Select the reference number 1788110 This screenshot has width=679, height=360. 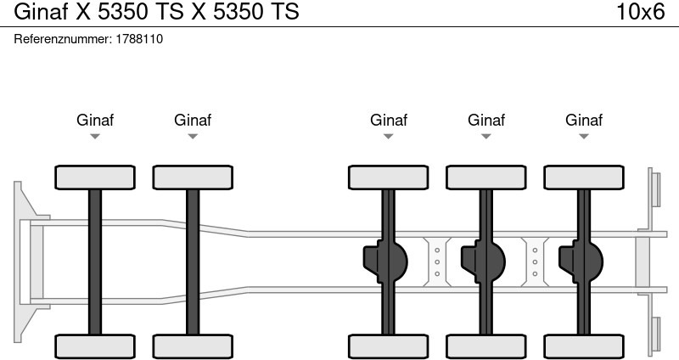coord(139,39)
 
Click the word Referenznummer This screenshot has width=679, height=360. coord(64,39)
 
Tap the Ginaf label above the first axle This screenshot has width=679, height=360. coord(95,120)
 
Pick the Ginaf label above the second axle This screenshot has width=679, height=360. coord(193,120)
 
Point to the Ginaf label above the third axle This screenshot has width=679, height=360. coord(389,120)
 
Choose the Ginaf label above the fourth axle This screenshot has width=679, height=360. coord(486,120)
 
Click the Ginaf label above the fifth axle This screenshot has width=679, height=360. coord(584,120)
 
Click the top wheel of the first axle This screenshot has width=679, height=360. coord(95,177)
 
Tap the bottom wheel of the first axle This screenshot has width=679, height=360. coord(95,346)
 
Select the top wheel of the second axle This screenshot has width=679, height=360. coord(193,177)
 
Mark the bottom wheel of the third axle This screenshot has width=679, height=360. coord(389,346)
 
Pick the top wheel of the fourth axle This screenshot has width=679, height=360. coord(486,177)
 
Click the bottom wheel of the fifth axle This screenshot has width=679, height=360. coord(584,346)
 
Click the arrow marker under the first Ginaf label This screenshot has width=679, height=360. coord(95,137)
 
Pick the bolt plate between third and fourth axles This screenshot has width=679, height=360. coord(437,262)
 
